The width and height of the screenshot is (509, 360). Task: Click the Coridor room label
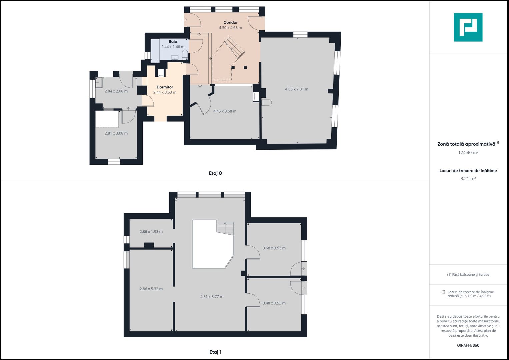coord(230,23)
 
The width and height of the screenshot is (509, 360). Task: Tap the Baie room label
coord(173,42)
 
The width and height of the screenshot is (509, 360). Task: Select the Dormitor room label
coord(165,87)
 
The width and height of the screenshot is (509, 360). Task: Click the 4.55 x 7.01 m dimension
coord(297,89)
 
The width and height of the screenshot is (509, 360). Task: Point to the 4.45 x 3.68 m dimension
coord(225,111)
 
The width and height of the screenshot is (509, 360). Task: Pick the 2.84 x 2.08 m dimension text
coord(116,91)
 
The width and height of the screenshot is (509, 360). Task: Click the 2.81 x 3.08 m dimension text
coord(116,133)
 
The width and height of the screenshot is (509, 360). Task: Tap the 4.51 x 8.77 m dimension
coord(212,297)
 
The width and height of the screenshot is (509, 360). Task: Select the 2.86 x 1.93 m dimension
coord(151,232)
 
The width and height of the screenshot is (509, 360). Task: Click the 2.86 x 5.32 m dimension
coord(151,289)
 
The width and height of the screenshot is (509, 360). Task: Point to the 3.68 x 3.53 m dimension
coord(274,248)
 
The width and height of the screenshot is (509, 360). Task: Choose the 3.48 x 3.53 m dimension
coord(274,303)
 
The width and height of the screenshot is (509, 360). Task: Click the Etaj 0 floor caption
coord(215,173)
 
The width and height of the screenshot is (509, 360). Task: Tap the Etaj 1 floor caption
coord(215,352)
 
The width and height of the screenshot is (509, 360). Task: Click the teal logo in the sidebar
coord(468,27)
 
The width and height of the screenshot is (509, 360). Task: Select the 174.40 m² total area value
coord(468,153)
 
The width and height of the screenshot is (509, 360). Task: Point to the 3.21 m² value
coord(468,178)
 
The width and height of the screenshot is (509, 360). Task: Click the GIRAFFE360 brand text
coord(468,345)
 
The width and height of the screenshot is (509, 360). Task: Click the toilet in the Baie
coord(185,55)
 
